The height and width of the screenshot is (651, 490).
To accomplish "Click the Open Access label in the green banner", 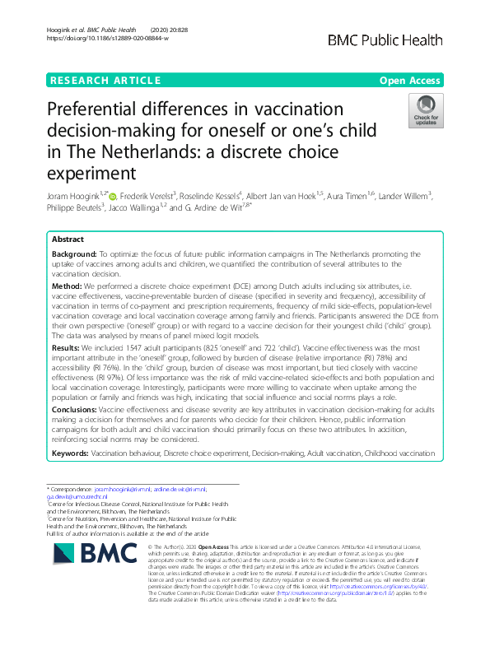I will (x=410, y=80).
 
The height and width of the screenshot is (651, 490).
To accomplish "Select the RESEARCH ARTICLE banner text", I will (x=105, y=80).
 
